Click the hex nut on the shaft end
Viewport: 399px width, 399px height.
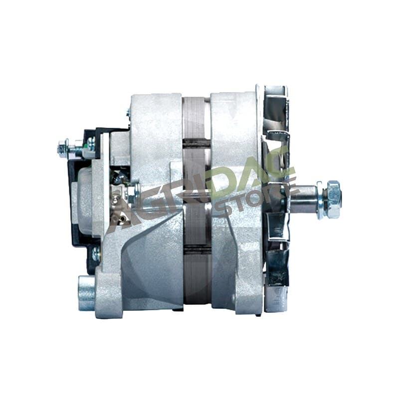coord(333,199)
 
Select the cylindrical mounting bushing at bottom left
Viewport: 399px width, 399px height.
coord(86,293)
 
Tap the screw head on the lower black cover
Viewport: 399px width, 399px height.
coord(96,253)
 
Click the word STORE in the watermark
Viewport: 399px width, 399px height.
coord(254,199)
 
